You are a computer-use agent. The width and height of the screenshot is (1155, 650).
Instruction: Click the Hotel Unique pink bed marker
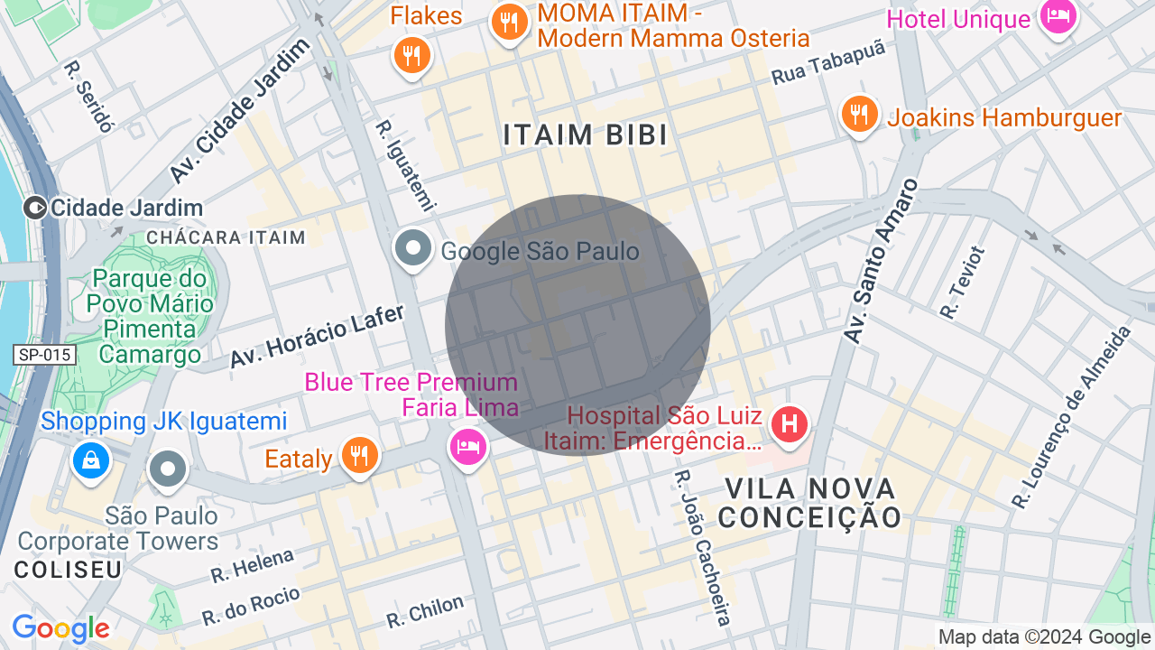[1058, 16]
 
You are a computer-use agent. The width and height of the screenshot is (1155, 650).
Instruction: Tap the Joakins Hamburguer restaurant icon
[860, 115]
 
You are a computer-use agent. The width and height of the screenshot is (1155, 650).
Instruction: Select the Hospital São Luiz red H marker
[790, 423]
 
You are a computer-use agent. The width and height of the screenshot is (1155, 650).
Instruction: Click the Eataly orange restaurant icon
[359, 455]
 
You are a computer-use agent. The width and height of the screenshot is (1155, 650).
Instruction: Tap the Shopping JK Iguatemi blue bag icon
[91, 460]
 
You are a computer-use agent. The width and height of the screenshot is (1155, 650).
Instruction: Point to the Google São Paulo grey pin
[414, 248]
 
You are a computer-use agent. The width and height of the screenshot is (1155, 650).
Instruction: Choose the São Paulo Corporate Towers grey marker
[168, 469]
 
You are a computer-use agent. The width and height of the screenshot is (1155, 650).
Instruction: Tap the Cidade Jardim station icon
[36, 209]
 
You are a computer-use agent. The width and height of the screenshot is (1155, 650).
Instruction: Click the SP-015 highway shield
[43, 355]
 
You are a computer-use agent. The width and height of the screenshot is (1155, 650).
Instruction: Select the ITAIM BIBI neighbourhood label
[586, 135]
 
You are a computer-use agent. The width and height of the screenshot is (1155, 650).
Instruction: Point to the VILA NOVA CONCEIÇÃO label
[809, 503]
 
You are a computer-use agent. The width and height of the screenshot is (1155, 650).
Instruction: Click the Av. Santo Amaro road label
[881, 262]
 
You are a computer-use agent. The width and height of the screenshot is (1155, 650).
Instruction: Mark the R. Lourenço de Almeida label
[1072, 417]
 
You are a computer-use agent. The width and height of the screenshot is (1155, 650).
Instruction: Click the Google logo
[60, 629]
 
